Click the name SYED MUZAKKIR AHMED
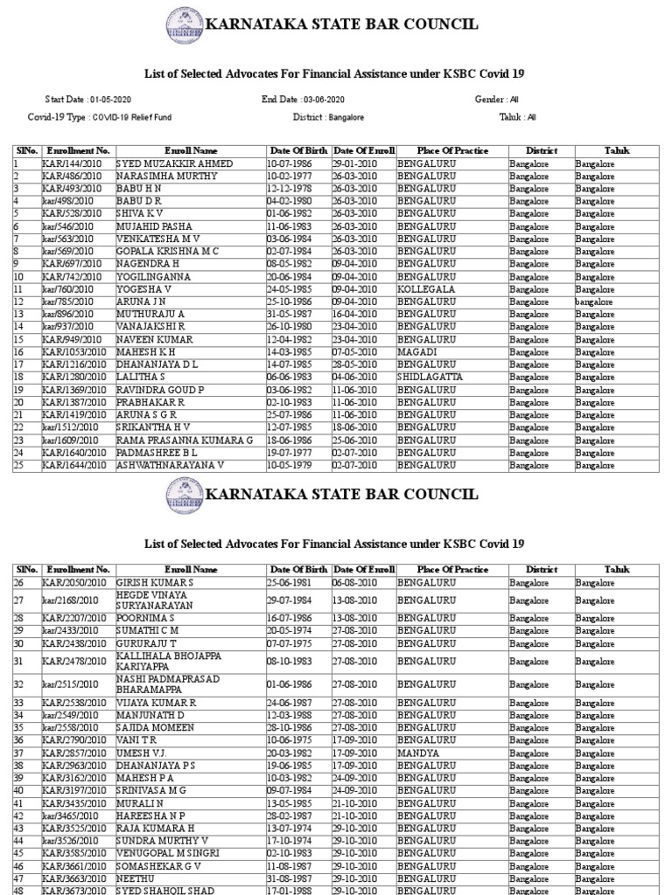(174, 164)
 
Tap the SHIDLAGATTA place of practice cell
(431, 378)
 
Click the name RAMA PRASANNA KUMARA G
(185, 441)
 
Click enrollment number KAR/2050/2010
(75, 582)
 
